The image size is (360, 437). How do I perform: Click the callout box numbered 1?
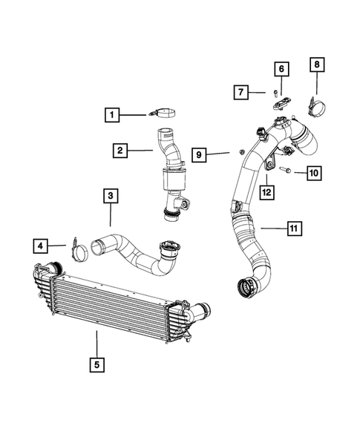111,115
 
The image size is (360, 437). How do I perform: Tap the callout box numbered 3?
110,196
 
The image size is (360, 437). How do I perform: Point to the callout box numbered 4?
41,244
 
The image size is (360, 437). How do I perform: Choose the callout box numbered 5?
96,364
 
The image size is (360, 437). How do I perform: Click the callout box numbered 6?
281,69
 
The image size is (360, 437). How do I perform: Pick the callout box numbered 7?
241,93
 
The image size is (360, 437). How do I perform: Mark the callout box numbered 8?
316,65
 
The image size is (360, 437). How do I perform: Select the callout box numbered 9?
200,154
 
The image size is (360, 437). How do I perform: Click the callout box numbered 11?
294,228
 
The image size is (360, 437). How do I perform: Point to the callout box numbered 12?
265,192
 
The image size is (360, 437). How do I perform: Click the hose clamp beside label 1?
164,114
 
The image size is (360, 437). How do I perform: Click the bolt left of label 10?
287,171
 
